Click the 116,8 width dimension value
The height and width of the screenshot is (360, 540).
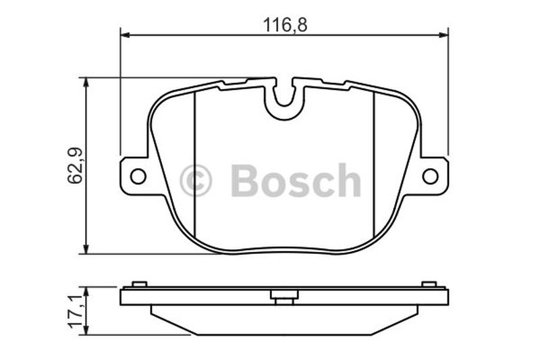285,25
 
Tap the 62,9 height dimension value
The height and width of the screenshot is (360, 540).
75,165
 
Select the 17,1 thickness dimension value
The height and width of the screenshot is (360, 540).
76,311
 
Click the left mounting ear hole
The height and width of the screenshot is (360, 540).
138,176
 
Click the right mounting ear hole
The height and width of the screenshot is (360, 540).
430,176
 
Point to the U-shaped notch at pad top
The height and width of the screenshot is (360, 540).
284,97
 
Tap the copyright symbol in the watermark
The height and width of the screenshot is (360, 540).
196,180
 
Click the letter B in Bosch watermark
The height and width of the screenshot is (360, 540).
244,180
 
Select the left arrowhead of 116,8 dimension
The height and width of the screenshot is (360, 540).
125,35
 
